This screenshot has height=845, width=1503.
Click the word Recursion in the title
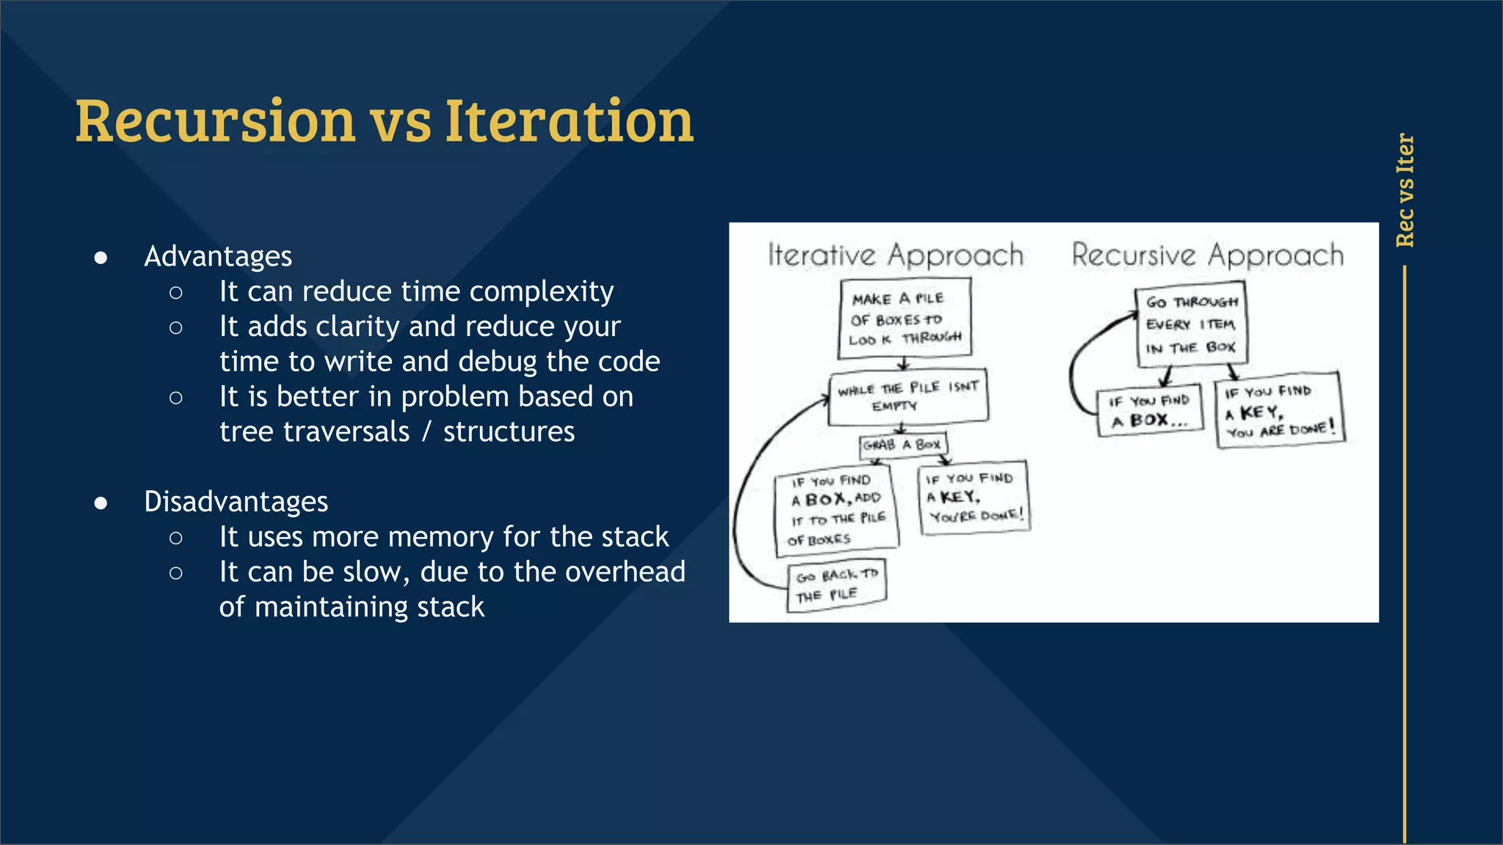point(215,121)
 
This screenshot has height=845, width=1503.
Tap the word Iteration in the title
point(569,121)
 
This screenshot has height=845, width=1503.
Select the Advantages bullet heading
point(218,256)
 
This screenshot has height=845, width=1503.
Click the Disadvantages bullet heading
point(236,502)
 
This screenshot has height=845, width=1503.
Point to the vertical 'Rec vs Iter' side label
point(1405,190)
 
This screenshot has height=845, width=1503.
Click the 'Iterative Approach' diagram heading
point(895,255)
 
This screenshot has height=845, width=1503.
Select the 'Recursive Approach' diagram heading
point(1207,255)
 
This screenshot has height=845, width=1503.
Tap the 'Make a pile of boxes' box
point(905,318)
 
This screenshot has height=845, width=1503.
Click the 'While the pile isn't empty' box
point(908,397)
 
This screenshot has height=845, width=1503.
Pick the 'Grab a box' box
point(903,445)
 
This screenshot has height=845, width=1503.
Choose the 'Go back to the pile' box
point(837,585)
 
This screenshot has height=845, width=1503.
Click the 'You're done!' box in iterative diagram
point(973,497)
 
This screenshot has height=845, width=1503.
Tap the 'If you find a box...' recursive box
point(1149,410)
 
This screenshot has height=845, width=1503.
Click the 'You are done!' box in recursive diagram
point(1279,411)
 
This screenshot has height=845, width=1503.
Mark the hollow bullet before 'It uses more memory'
point(175,538)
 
